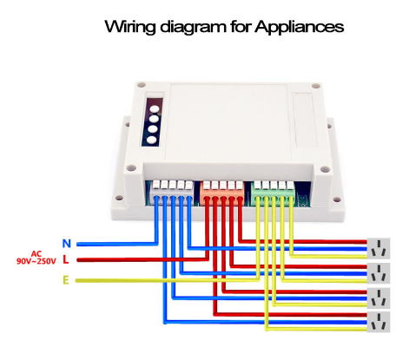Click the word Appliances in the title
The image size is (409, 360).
(300, 27)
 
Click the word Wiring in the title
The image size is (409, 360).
(130, 27)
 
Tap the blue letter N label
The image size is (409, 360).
(67, 244)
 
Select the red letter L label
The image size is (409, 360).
(66, 259)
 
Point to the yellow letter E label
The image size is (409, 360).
(66, 280)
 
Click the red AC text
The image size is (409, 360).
(36, 254)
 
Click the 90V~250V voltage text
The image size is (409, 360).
(36, 261)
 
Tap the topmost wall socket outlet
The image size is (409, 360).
(379, 248)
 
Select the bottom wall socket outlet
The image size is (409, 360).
(379, 322)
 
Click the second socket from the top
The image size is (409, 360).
(379, 273)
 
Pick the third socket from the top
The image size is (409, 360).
(379, 298)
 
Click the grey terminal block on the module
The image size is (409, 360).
(173, 192)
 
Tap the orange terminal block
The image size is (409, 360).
(222, 193)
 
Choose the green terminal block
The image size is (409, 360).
(273, 193)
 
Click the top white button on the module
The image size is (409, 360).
(155, 109)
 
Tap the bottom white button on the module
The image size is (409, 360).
(151, 141)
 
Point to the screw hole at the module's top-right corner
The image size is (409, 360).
(316, 86)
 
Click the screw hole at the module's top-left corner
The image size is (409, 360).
(142, 85)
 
